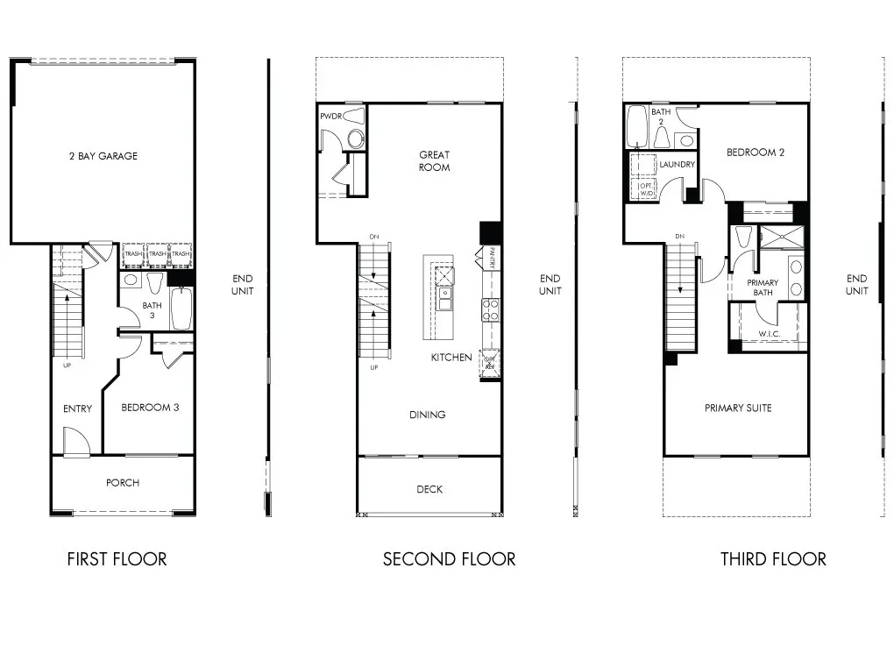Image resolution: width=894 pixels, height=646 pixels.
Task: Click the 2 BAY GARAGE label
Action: pyautogui.click(x=103, y=156)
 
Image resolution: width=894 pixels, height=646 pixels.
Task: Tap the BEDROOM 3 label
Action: pyautogui.click(x=150, y=407)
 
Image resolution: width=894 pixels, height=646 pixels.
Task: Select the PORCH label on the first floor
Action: pyautogui.click(x=123, y=483)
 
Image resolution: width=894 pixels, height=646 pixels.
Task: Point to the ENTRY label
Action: pyautogui.click(x=77, y=408)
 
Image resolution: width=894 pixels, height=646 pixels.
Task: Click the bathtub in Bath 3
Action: pyautogui.click(x=181, y=309)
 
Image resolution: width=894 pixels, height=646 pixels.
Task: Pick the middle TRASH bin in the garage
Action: pyautogui.click(x=157, y=253)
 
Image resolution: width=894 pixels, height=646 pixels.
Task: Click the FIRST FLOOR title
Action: pyautogui.click(x=117, y=559)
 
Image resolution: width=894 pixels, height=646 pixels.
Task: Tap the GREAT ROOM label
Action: pyautogui.click(x=434, y=161)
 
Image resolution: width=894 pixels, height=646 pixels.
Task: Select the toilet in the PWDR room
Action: pyautogui.click(x=355, y=138)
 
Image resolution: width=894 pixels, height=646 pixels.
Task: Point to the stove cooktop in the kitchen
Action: pyautogui.click(x=489, y=308)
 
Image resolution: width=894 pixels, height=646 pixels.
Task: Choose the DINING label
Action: pyautogui.click(x=428, y=415)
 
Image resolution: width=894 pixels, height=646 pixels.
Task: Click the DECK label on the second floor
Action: pyautogui.click(x=429, y=489)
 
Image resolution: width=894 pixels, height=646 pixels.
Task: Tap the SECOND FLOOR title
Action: pyautogui.click(x=449, y=559)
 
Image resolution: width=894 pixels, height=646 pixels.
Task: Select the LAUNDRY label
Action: pyautogui.click(x=678, y=164)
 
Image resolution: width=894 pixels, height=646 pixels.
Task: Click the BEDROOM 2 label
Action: pyautogui.click(x=755, y=152)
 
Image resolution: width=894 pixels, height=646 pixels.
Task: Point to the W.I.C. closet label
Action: pyautogui.click(x=770, y=334)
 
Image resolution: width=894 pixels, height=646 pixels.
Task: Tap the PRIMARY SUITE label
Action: pyautogui.click(x=738, y=408)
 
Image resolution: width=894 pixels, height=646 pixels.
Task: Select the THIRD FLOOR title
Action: pyautogui.click(x=773, y=559)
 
